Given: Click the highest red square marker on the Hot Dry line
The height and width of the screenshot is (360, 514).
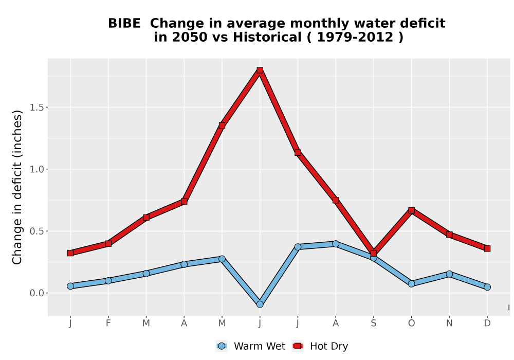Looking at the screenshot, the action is click(260, 70).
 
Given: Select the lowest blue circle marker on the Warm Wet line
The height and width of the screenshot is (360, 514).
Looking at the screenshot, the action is click(260, 304).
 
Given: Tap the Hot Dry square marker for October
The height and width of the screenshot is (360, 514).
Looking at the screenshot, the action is click(411, 210).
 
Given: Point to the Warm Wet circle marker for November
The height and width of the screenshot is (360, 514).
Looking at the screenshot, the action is click(449, 274).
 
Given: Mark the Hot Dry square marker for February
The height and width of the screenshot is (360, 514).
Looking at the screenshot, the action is click(108, 244).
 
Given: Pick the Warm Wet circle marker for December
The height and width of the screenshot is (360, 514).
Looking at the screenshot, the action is click(487, 287).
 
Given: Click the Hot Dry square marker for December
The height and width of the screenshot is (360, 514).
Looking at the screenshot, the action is click(487, 248).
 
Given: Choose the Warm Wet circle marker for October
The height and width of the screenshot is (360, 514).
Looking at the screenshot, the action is click(411, 283).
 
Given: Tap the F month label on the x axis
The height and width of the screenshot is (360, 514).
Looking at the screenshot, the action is click(108, 323).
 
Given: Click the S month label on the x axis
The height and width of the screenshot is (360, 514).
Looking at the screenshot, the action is click(373, 323).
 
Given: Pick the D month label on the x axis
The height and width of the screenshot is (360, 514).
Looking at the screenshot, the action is click(487, 323).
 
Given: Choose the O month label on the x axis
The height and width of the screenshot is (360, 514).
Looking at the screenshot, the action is click(411, 323).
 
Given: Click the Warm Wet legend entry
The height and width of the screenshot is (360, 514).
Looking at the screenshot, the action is click(251, 346).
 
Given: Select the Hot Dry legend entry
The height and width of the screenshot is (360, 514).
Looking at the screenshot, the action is click(320, 346).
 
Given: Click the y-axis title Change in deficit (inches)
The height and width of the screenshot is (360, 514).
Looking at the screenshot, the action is click(17, 187).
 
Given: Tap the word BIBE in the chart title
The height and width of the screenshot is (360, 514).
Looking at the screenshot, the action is click(124, 23).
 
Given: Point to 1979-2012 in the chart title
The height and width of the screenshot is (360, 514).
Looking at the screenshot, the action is click(355, 37).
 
